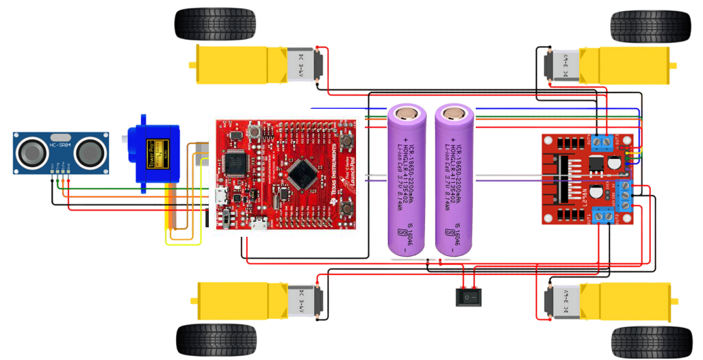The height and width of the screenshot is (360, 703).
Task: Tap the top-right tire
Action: point(650,26)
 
